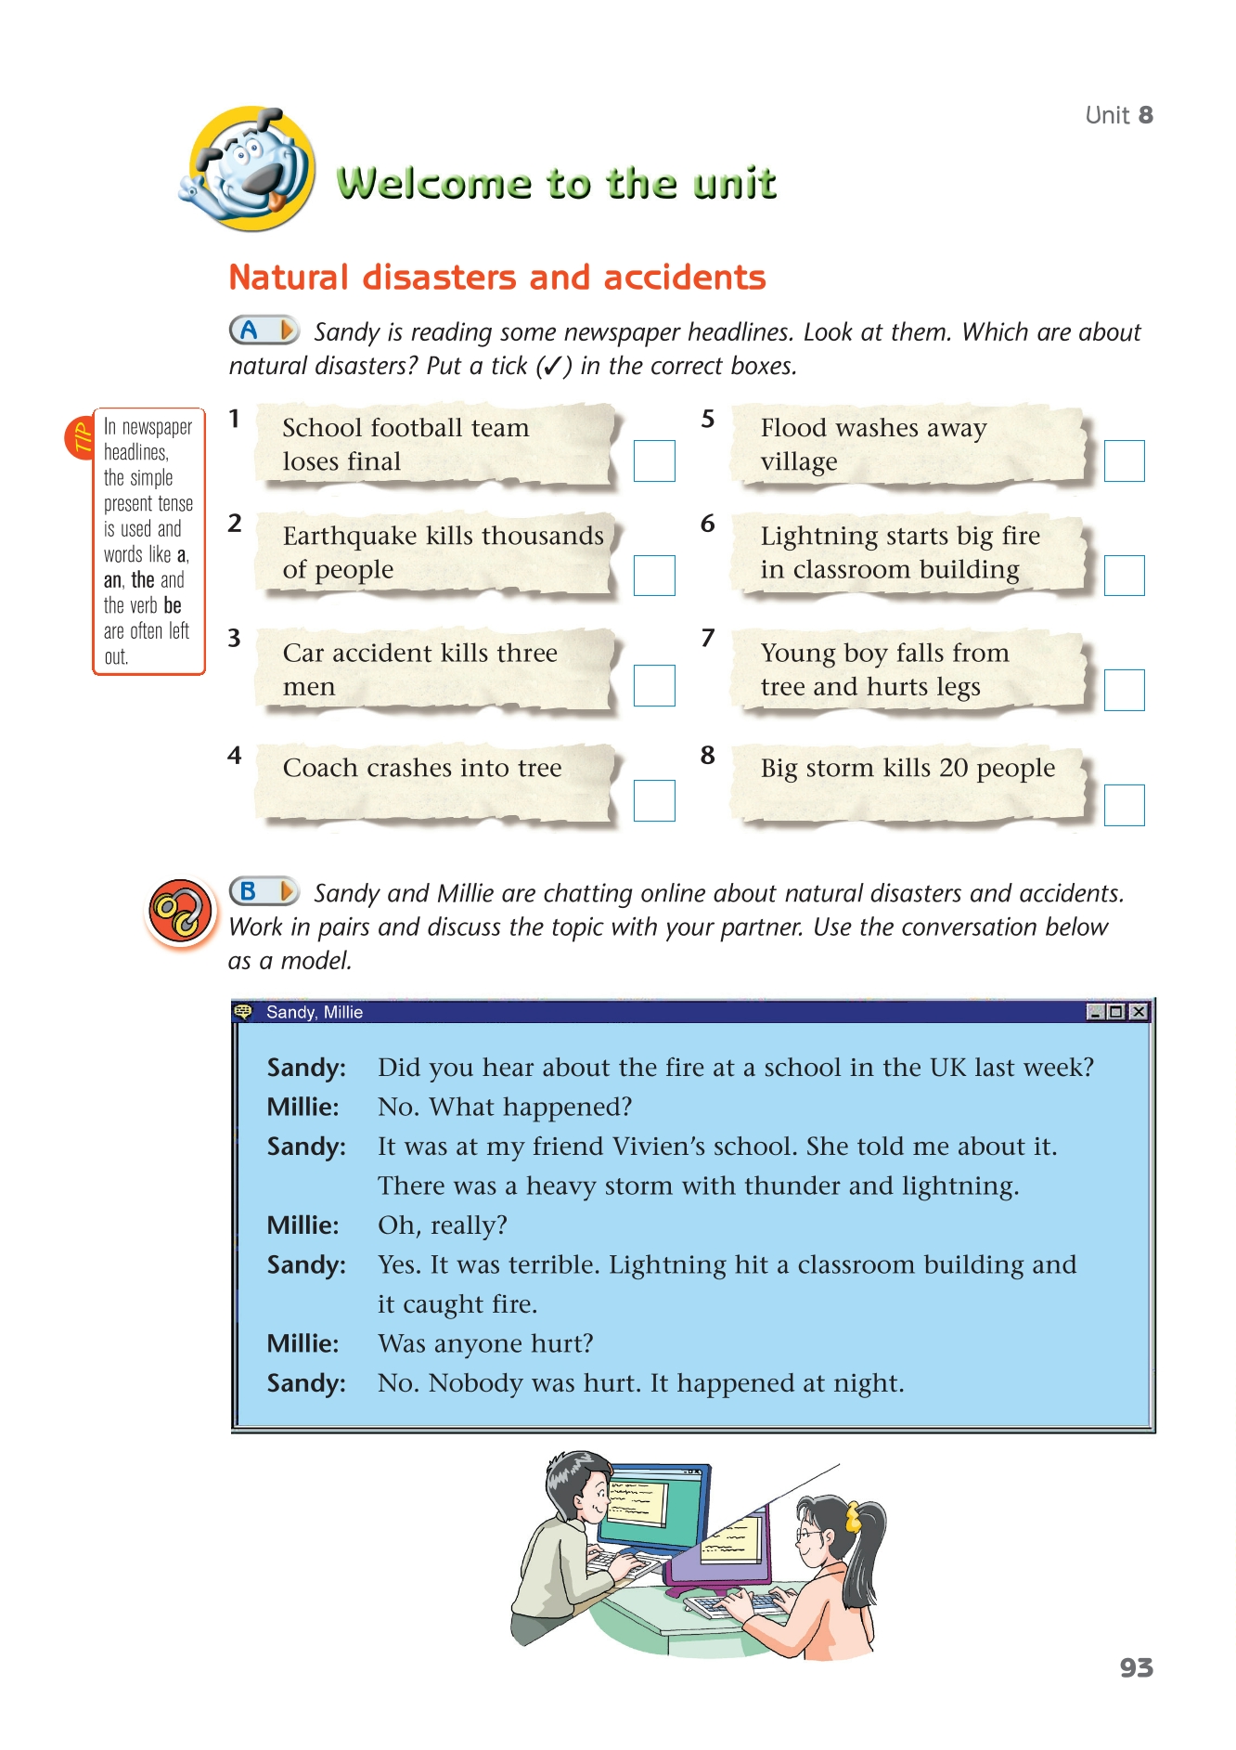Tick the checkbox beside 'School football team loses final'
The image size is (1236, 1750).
click(654, 460)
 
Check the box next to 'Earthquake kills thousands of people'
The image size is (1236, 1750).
click(654, 576)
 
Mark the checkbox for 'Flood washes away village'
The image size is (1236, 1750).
click(1124, 460)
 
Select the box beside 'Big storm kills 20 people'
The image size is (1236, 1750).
click(1124, 805)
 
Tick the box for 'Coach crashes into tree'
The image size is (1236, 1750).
click(654, 800)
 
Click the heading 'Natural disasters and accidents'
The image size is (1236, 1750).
click(497, 278)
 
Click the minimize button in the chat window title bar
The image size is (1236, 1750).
click(1095, 1012)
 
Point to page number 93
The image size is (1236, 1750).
click(1136, 1668)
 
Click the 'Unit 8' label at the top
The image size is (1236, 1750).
click(1119, 115)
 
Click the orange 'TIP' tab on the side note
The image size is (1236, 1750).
click(80, 436)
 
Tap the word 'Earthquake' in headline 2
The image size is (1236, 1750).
click(350, 536)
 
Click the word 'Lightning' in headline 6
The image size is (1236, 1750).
click(819, 536)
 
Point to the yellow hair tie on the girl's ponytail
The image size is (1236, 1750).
click(853, 1517)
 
